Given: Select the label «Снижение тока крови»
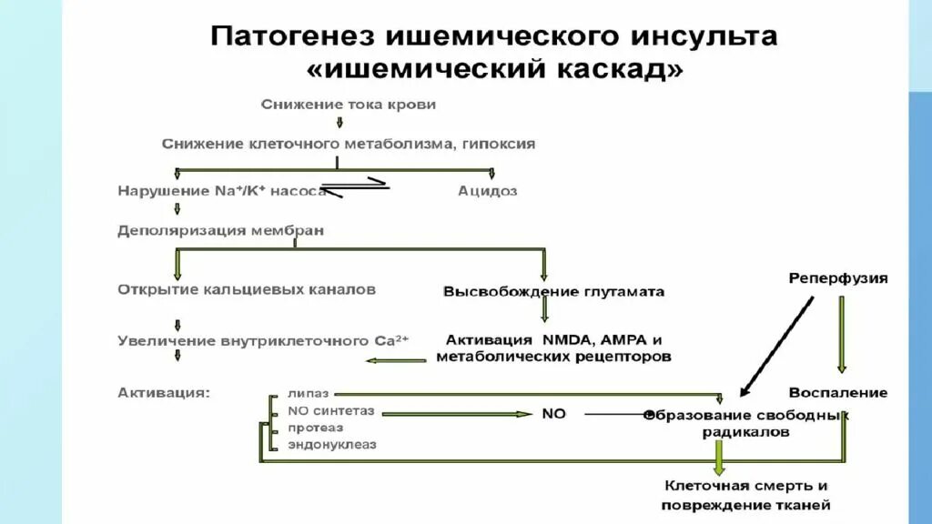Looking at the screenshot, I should (349, 105).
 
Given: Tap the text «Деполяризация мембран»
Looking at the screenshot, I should (220, 231).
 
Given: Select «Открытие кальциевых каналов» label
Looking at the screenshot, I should (247, 289).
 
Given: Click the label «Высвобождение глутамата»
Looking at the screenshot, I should (553, 292).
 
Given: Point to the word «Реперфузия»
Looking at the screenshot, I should (837, 278).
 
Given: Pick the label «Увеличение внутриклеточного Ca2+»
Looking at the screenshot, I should (264, 341).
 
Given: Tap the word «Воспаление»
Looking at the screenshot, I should (838, 393).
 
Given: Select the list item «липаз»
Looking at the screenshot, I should (309, 395).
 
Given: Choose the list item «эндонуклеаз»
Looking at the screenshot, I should (332, 445).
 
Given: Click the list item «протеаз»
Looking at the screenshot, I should (316, 428).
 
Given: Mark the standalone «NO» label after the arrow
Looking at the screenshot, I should (553, 413).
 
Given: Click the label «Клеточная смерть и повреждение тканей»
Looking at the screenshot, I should (746, 496).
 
